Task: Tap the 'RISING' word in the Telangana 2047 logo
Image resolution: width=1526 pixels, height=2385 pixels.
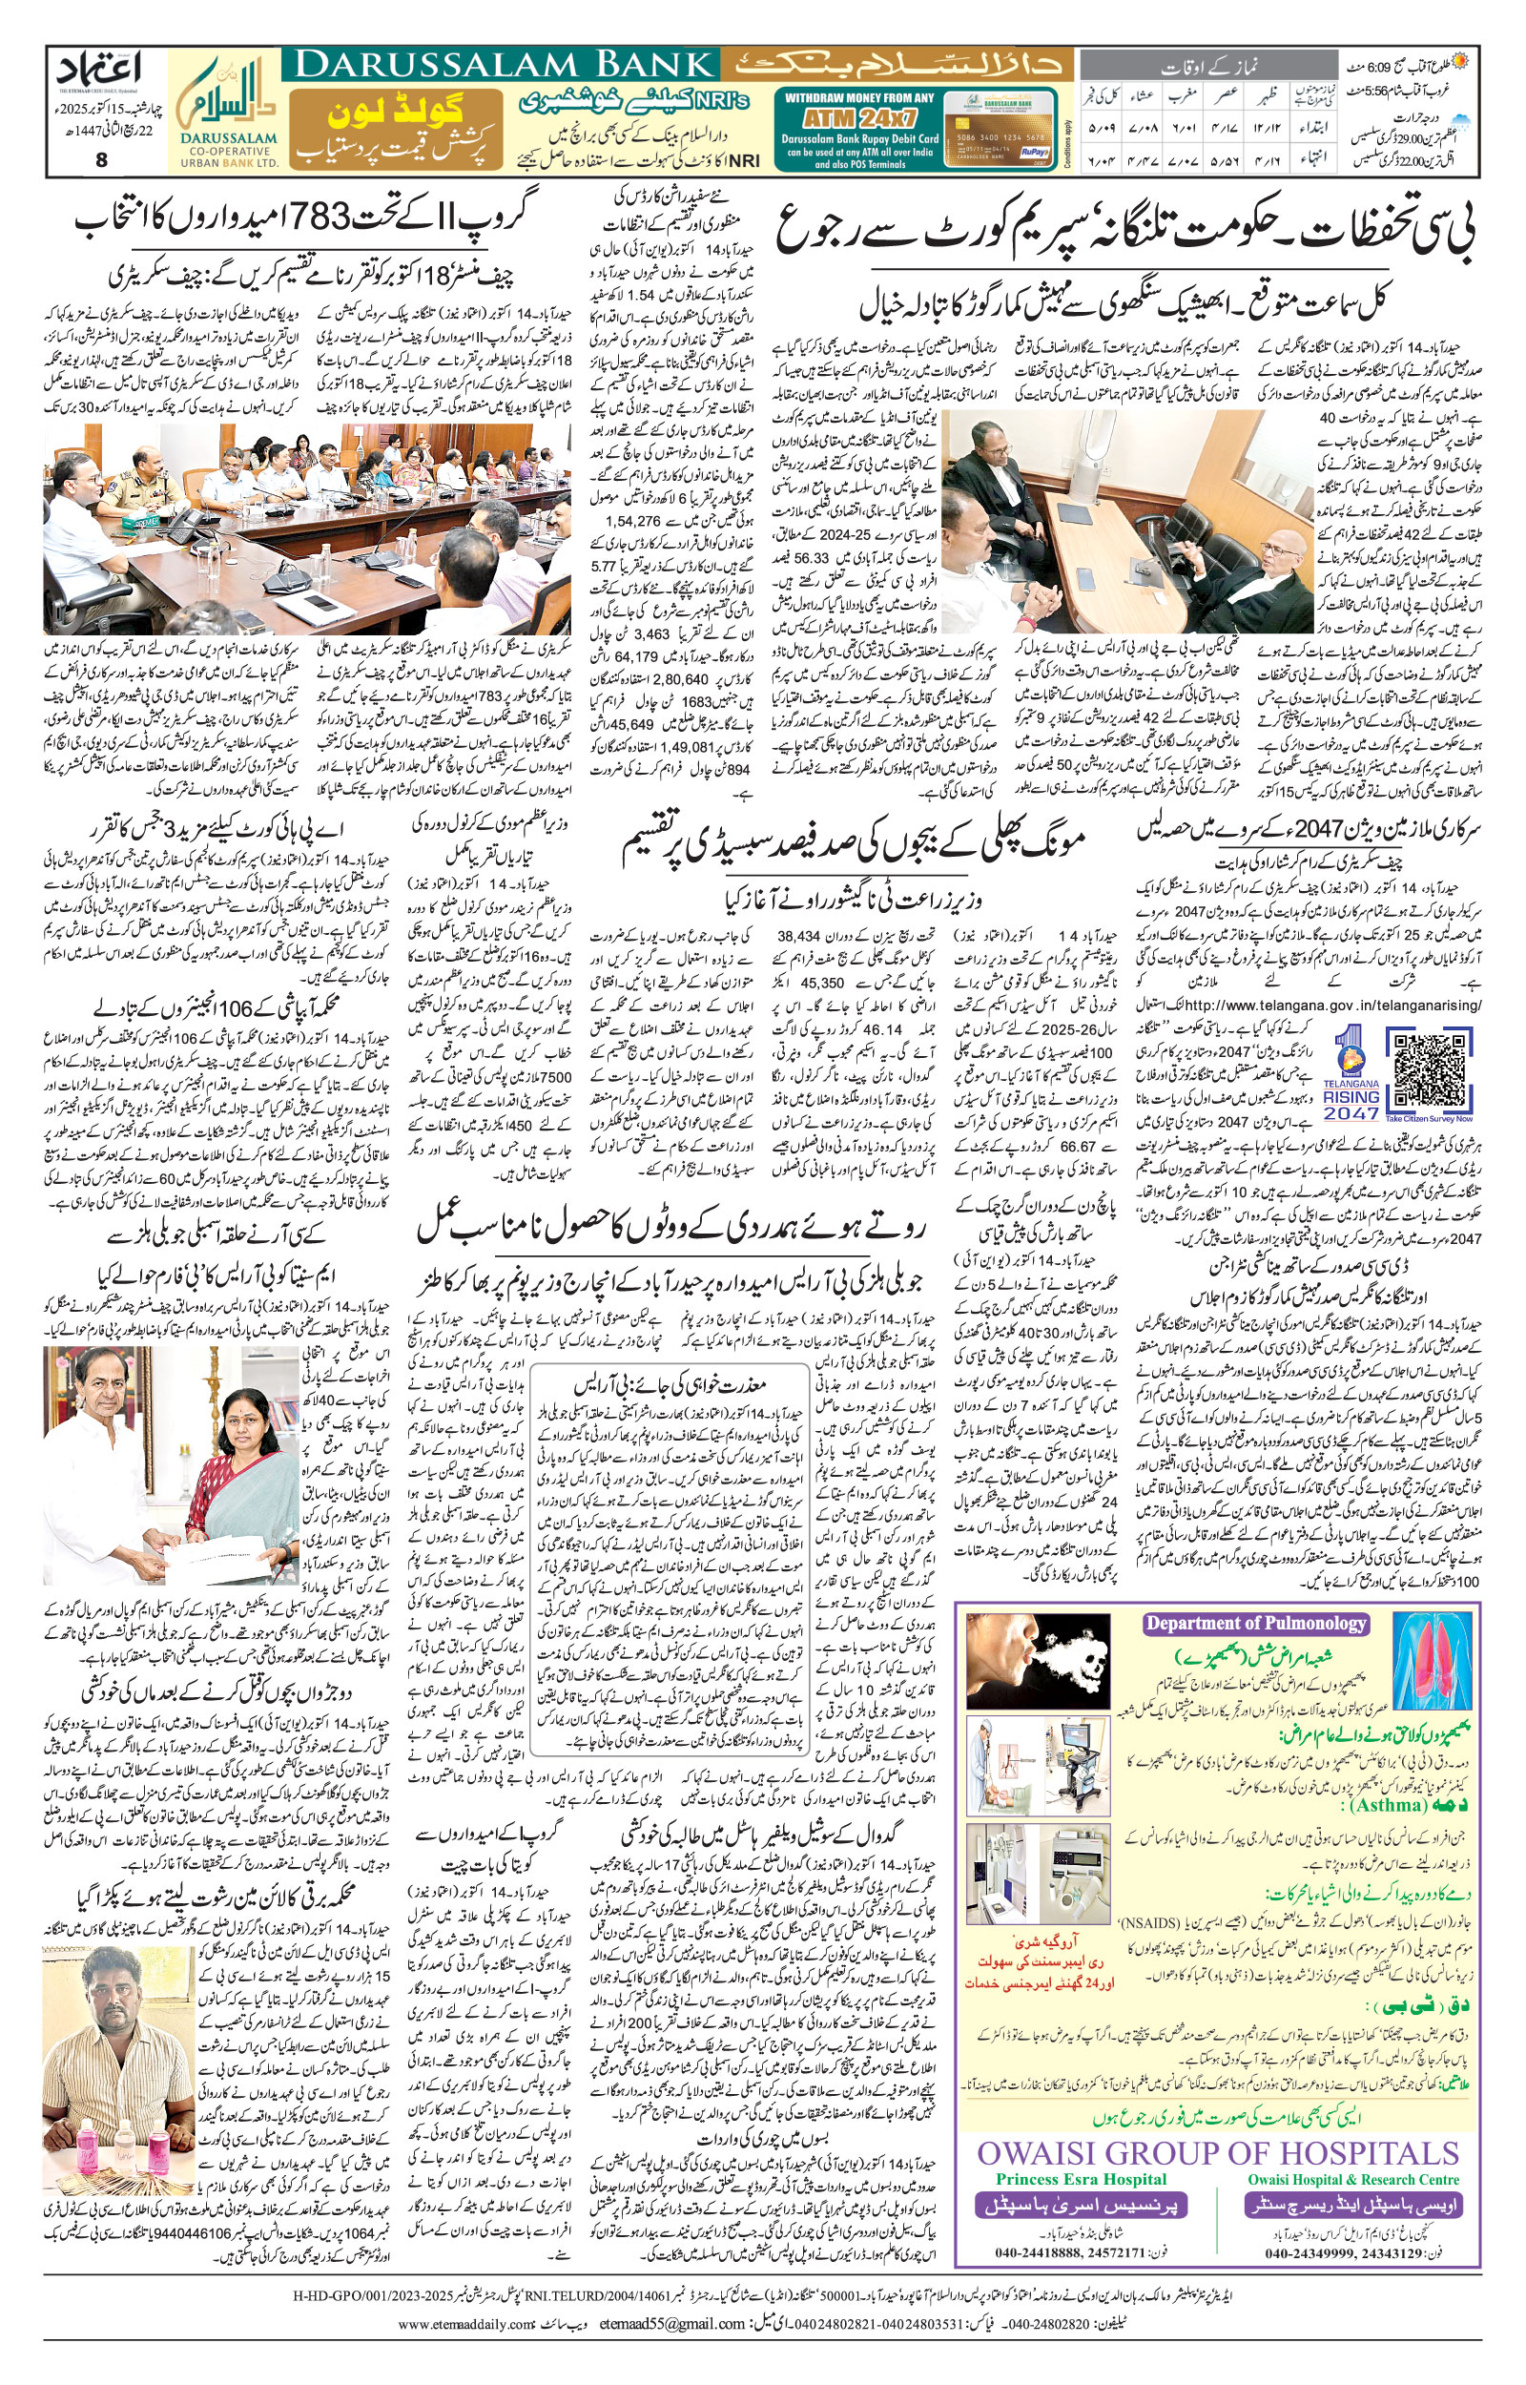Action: click(1352, 1096)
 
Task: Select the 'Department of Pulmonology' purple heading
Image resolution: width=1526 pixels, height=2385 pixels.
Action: click(1255, 1623)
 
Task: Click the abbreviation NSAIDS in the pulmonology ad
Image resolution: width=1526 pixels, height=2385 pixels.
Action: click(1149, 1897)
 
